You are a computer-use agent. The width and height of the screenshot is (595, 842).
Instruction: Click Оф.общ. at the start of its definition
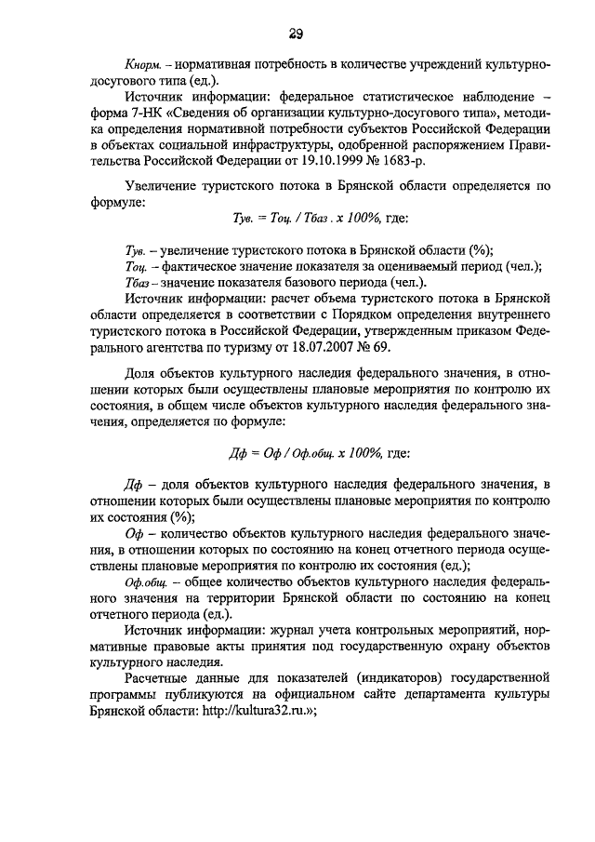click(x=142, y=581)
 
